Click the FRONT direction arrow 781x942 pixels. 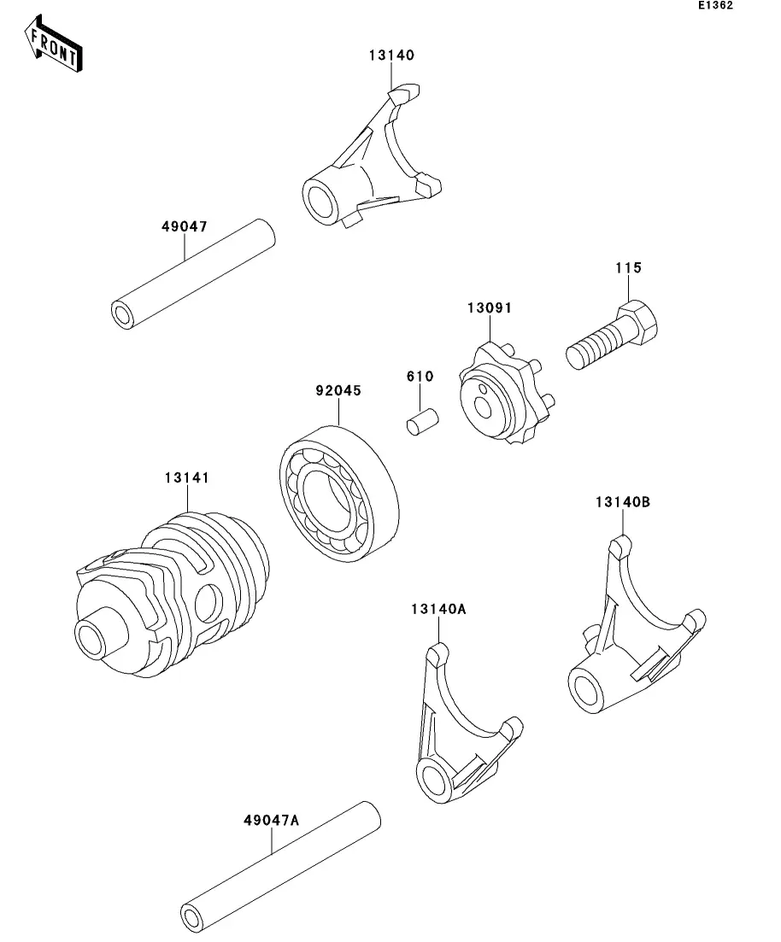(54, 44)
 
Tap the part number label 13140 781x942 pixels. (391, 56)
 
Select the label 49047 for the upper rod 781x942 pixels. (185, 226)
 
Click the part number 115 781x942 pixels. (628, 268)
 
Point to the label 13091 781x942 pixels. (490, 307)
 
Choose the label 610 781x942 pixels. (420, 376)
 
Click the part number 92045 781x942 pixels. (338, 390)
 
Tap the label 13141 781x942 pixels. (187, 477)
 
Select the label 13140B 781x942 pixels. (623, 501)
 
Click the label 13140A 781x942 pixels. (438, 609)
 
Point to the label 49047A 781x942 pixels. (271, 820)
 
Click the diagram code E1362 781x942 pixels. (715, 5)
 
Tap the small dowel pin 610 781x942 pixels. (423, 421)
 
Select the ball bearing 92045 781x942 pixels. (339, 494)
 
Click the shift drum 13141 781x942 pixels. (173, 594)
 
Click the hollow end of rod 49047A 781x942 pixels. (192, 919)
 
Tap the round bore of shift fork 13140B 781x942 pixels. (585, 688)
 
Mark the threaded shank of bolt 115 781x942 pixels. (593, 348)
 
